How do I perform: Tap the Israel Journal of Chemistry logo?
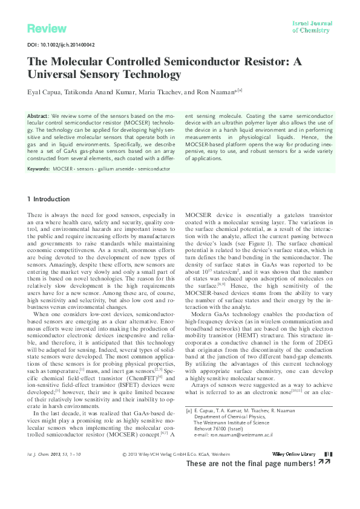click(312, 26)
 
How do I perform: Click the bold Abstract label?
click(39, 115)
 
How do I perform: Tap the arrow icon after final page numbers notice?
click(324, 480)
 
